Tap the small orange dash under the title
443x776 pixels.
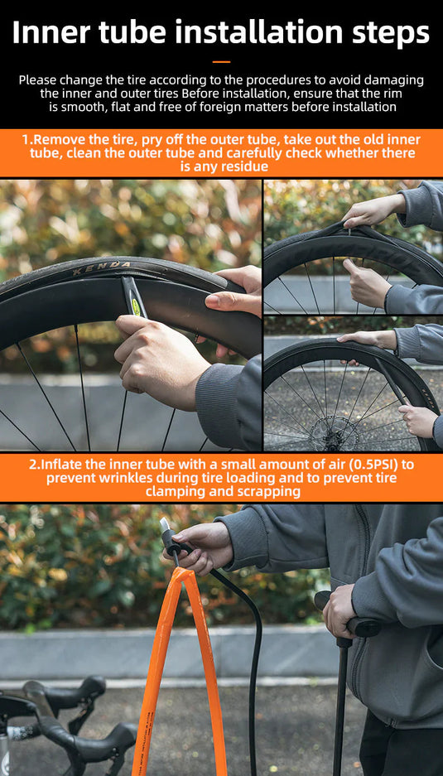click(221, 62)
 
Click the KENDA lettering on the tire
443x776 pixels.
click(102, 268)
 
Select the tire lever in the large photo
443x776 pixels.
click(132, 297)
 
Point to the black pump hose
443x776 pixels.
click(248, 658)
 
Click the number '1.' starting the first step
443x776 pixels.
click(27, 140)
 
